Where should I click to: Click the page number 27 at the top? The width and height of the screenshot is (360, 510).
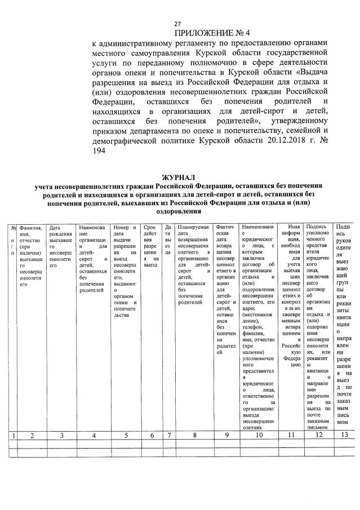pyautogui.click(x=177, y=24)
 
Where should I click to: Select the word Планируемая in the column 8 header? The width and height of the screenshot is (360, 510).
pyautogui.click(x=193, y=227)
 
